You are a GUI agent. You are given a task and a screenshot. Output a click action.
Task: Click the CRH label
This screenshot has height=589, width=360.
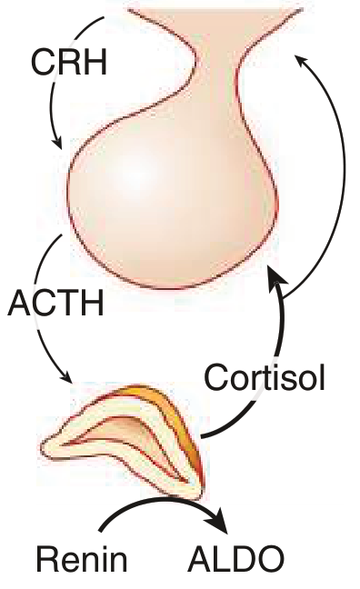(69, 62)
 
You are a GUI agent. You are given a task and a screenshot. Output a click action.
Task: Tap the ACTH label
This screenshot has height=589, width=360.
(56, 303)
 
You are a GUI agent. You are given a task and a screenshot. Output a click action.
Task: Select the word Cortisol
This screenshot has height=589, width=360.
(265, 377)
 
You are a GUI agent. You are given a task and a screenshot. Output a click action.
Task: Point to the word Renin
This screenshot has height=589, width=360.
(82, 559)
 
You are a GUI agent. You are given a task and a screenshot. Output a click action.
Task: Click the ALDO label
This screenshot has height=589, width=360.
(235, 559)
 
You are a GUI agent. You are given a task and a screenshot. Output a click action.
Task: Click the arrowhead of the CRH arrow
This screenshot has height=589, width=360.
(57, 143)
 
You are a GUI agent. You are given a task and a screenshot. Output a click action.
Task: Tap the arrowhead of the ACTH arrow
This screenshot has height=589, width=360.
(66, 377)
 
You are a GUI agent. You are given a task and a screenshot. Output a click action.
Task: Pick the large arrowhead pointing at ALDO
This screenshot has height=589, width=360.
(219, 521)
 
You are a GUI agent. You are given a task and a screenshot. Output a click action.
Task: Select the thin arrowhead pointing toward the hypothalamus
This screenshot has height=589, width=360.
(301, 61)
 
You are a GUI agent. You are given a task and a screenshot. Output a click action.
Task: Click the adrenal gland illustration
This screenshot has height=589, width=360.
(124, 442)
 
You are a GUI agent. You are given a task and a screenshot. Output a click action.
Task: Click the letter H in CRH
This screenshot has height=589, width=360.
(95, 62)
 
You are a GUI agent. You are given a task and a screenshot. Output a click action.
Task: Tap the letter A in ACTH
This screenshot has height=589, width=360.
(20, 303)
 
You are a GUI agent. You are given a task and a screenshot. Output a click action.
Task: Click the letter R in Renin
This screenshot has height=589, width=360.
(47, 559)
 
